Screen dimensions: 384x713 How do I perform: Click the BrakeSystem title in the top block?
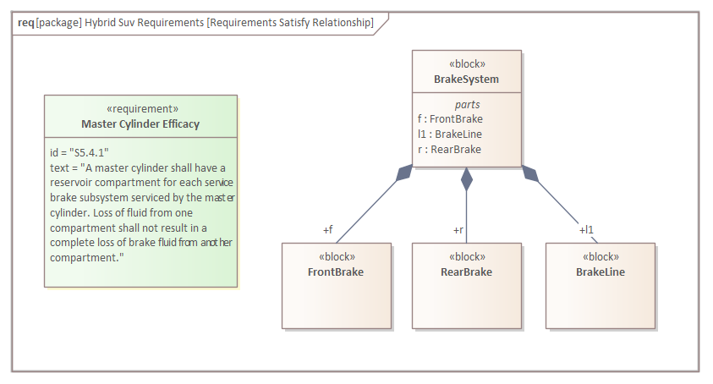[x=466, y=80]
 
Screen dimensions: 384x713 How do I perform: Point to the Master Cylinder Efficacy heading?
[x=140, y=124]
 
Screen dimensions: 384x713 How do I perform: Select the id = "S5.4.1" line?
[x=80, y=152]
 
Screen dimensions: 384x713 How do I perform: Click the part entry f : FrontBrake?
[x=450, y=119]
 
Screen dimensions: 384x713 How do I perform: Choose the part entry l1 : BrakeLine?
[x=450, y=134]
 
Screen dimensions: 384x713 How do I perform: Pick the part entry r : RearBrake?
[x=449, y=150]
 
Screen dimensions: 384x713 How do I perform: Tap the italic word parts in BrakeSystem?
[x=467, y=105]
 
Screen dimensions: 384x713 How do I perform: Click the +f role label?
[x=327, y=229]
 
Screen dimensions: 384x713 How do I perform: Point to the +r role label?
[x=458, y=229]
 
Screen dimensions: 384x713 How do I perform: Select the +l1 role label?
[x=586, y=229]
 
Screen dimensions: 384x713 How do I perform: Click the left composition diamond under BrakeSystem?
[x=405, y=173]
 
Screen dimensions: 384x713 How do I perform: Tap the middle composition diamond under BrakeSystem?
[x=466, y=178]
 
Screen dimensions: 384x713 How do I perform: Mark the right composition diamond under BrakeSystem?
[x=529, y=173]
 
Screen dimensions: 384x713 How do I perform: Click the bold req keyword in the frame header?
[x=25, y=23]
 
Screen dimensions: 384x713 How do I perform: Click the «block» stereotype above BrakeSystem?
[x=466, y=64]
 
